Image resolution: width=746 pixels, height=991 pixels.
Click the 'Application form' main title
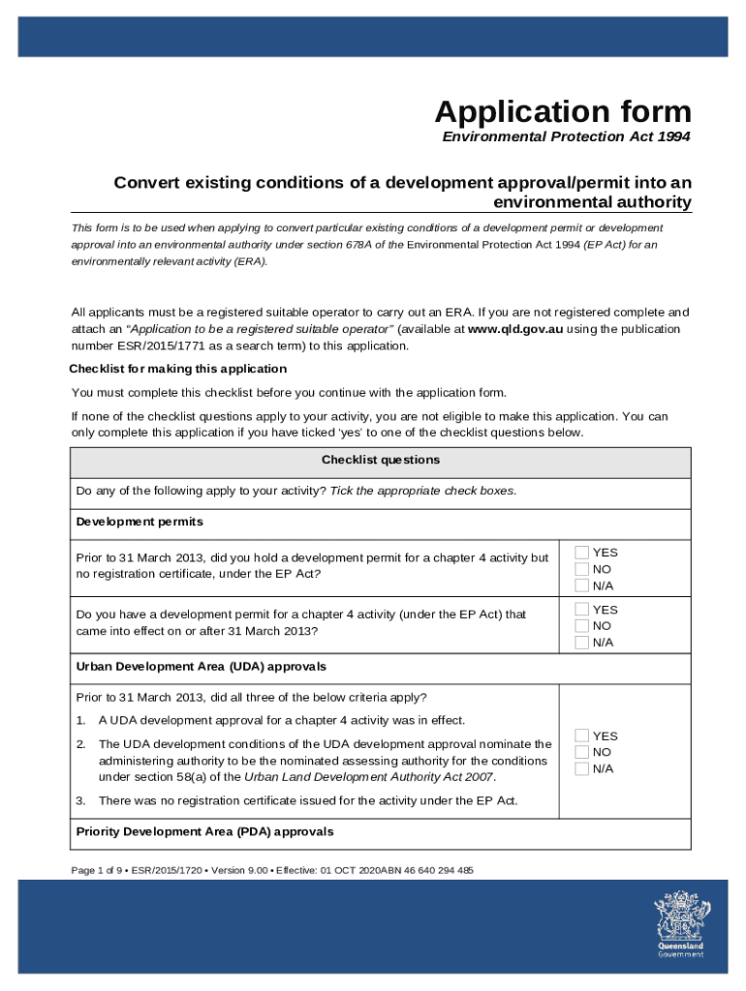[563, 111]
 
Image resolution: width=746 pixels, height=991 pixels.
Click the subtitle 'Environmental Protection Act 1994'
[566, 137]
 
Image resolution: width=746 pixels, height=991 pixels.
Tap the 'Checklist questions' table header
[381, 461]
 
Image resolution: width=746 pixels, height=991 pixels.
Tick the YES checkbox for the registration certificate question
[581, 553]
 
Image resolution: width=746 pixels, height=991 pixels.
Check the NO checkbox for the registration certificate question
[581, 569]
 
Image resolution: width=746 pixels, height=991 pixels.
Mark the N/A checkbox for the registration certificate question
[581, 586]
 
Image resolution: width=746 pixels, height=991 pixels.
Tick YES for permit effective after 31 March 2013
[581, 610]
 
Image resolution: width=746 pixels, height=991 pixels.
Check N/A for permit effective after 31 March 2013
[581, 643]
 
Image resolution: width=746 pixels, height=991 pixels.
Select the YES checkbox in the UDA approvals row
[581, 736]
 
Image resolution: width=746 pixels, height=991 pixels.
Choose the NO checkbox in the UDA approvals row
[581, 753]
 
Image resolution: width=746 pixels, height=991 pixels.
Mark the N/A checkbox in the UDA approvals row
[581, 769]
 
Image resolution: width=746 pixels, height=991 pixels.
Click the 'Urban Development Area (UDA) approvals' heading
[201, 667]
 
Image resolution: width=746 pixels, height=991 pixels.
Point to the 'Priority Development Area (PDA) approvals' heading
[204, 831]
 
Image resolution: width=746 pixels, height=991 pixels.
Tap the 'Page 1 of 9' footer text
[100, 870]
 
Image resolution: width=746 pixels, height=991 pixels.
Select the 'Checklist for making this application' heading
[177, 369]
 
